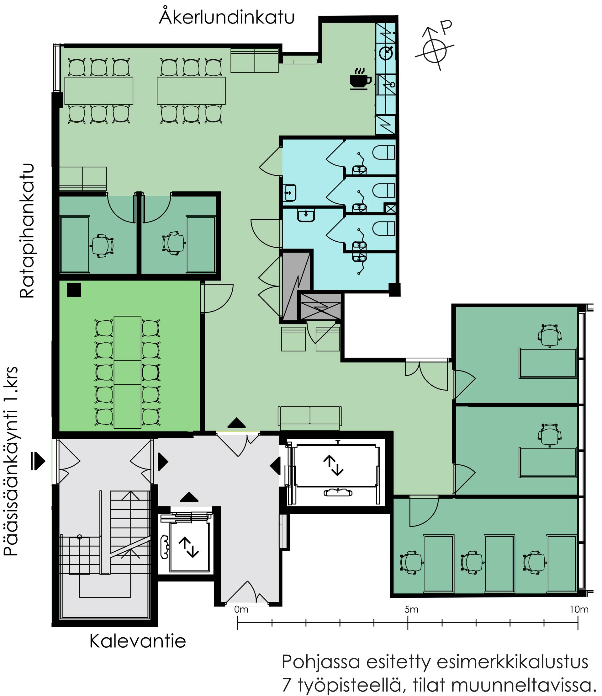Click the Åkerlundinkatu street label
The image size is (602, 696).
227,16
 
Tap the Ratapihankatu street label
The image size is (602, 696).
27,231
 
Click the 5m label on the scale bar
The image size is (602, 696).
411,609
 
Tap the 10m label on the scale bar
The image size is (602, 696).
579,609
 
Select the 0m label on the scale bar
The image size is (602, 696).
241,609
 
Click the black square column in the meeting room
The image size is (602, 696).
74,290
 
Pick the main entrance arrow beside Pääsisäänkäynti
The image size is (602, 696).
39,460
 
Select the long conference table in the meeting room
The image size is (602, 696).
127,372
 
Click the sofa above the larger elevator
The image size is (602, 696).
310,418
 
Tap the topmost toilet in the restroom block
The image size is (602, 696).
384,152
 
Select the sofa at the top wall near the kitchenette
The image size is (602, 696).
255,60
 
